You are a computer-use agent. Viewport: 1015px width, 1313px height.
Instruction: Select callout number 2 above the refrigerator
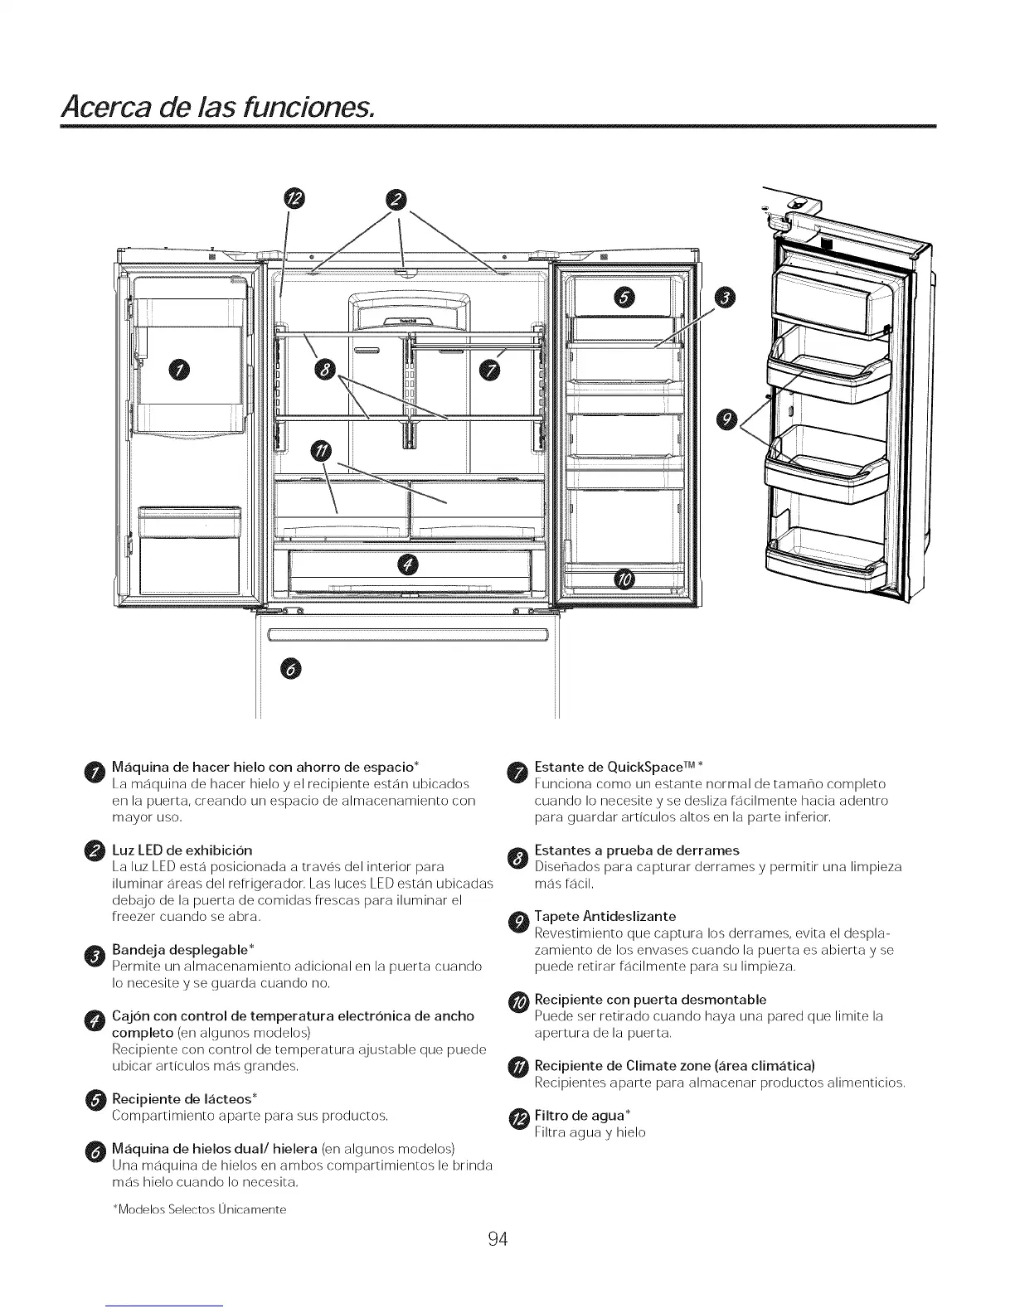coord(399,198)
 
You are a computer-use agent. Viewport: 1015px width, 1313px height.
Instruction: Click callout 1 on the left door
coord(180,370)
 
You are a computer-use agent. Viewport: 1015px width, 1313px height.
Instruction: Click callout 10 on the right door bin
coord(622,578)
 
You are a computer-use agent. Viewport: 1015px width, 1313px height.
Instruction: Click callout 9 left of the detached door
coord(726,420)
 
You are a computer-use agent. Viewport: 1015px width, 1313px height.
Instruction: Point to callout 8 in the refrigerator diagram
coord(323,369)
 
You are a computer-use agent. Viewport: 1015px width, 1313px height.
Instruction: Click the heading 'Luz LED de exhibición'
coord(182,850)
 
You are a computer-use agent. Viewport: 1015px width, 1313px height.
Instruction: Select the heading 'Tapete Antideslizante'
coord(605,916)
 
